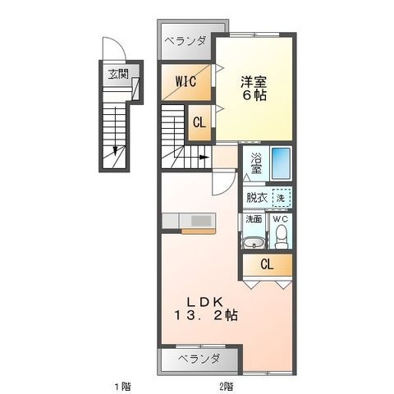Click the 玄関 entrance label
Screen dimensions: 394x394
click(x=118, y=74)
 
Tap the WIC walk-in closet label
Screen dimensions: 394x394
click(x=186, y=81)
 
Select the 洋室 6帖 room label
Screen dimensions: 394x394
click(x=254, y=89)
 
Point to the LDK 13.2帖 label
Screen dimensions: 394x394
click(x=205, y=309)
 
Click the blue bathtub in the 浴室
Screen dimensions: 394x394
click(x=281, y=163)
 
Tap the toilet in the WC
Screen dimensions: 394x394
click(x=281, y=236)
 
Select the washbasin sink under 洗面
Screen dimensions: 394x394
click(x=254, y=242)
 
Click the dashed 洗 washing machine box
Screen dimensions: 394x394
click(x=281, y=197)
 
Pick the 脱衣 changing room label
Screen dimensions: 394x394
click(x=257, y=198)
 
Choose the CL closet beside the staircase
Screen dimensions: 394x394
click(x=199, y=122)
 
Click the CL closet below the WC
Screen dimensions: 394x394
click(x=267, y=264)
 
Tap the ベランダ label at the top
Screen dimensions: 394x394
click(x=186, y=42)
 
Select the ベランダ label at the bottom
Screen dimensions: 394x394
click(x=199, y=359)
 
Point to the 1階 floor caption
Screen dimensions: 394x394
click(x=122, y=387)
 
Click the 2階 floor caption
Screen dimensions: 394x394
click(x=226, y=387)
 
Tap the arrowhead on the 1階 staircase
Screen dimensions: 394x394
click(x=116, y=151)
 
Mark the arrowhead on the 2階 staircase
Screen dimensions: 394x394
click(x=203, y=158)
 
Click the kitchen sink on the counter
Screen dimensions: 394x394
click(x=201, y=221)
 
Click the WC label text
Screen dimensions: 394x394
click(x=281, y=219)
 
